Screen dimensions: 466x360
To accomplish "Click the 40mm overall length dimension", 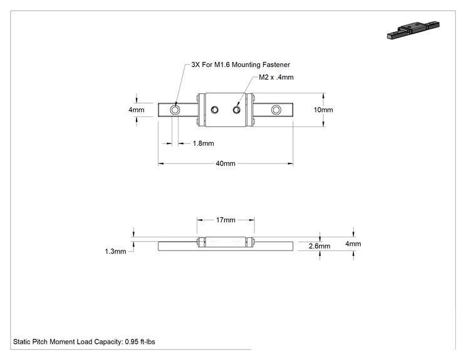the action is point(225,163).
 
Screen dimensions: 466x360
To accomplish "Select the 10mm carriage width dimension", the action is point(323,110).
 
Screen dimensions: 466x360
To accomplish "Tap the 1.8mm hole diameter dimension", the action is point(204,143).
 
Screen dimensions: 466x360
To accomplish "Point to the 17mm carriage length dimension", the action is point(225,220).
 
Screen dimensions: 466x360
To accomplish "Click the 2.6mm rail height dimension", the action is point(319,246).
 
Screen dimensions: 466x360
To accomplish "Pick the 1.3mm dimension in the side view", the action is point(115,252).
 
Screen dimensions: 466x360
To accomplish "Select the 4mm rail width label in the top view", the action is point(137,110).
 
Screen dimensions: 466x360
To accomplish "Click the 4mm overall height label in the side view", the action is point(353,244).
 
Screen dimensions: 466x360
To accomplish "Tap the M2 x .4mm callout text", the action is point(276,77).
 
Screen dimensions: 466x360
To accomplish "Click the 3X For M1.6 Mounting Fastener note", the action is point(241,64).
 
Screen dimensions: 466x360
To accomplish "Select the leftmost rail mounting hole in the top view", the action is point(175,110).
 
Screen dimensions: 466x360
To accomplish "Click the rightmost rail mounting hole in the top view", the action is point(276,110).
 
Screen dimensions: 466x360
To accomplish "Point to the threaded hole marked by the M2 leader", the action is point(237,110).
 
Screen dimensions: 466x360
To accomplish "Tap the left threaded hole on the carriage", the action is point(215,110).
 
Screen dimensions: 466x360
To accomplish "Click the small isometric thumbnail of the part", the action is point(413,30).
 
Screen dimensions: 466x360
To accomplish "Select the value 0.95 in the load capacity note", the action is point(132,342).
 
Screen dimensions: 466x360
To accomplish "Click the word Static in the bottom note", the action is point(22,342).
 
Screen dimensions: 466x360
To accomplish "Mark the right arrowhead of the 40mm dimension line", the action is point(291,163).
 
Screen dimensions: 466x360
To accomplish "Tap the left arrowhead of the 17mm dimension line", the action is point(200,220).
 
